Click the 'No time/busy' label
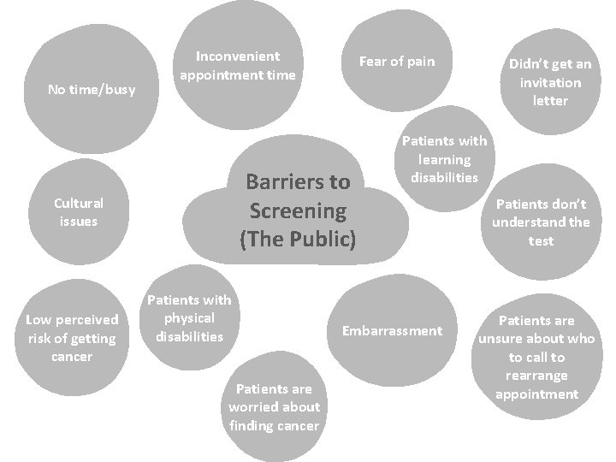(x=92, y=89)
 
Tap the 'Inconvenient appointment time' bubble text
(x=238, y=66)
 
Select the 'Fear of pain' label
(x=397, y=61)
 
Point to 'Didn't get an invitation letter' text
(x=550, y=82)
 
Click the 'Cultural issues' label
(x=78, y=212)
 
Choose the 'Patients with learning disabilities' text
(x=445, y=159)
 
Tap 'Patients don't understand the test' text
(x=541, y=222)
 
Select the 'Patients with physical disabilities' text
(x=190, y=317)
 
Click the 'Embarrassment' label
(x=393, y=330)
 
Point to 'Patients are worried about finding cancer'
(x=274, y=407)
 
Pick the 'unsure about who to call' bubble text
(x=536, y=357)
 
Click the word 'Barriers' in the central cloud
(x=298, y=181)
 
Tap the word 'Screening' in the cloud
(x=298, y=210)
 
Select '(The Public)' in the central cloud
(x=298, y=239)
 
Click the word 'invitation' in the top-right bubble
(x=550, y=82)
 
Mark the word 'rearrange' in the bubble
(x=536, y=376)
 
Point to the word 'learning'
(x=445, y=159)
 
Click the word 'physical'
(x=190, y=317)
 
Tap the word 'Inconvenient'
(x=238, y=56)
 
